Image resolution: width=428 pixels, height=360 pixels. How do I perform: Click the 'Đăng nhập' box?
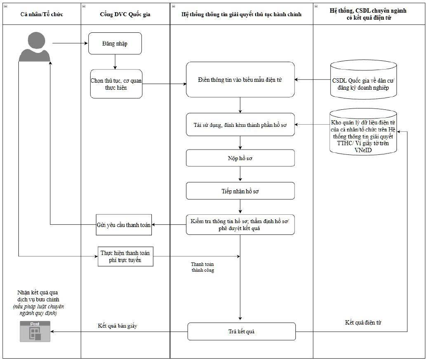pyautogui.click(x=115, y=43)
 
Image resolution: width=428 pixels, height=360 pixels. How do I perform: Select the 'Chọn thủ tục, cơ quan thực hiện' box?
pyautogui.click(x=116, y=84)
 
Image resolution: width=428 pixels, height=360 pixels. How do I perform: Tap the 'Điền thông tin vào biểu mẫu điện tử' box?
pyautogui.click(x=240, y=80)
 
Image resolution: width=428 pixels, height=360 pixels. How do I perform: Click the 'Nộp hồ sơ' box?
pyautogui.click(x=240, y=158)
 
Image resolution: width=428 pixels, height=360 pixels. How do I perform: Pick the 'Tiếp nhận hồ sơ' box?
pyautogui.click(x=240, y=191)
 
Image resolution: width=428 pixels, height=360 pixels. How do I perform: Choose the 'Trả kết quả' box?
pyautogui.click(x=242, y=331)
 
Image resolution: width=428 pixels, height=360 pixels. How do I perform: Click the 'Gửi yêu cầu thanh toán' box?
pyautogui.click(x=124, y=225)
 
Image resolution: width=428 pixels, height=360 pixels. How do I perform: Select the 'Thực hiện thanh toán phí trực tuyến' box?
pyautogui.click(x=126, y=257)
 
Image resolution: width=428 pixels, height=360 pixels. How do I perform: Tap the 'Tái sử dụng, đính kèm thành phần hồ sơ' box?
pyautogui.click(x=240, y=125)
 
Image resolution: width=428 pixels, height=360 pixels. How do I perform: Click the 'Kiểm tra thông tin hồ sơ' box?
pyautogui.click(x=240, y=225)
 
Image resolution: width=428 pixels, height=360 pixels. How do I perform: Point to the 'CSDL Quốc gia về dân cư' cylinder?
pyautogui.click(x=363, y=80)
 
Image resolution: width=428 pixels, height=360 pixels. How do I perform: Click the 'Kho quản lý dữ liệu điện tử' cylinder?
pyautogui.click(x=363, y=132)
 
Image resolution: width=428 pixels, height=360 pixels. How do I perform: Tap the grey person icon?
pyautogui.click(x=35, y=47)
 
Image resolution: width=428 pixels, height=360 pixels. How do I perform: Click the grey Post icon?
pyautogui.click(x=35, y=331)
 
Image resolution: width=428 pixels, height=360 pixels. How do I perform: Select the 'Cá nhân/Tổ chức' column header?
pyautogui.click(x=42, y=14)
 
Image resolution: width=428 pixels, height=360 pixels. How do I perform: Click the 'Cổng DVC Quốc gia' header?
pyautogui.click(x=125, y=14)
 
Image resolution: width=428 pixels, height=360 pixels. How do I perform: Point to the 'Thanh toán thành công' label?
pyautogui.click(x=203, y=267)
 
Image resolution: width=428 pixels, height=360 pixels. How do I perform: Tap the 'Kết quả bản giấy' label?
pyautogui.click(x=118, y=325)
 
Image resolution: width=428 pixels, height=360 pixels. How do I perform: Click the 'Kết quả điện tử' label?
pyautogui.click(x=363, y=322)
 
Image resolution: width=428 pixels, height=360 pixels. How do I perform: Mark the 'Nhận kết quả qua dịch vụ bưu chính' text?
pyautogui.click(x=38, y=296)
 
